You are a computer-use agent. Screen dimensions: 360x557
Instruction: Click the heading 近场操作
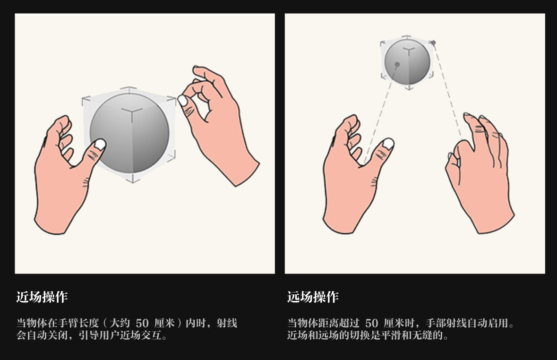tap(42, 297)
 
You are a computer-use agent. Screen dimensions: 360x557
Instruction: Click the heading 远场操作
tap(313, 297)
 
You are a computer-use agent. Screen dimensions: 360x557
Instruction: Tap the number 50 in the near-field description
tap(142, 324)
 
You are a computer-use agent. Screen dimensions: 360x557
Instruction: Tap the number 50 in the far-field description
tap(372, 324)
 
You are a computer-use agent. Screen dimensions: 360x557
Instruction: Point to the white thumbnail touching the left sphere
tap(100, 144)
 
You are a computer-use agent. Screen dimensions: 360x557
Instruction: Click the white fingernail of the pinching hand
tap(182, 101)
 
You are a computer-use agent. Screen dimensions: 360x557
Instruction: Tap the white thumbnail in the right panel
tap(388, 143)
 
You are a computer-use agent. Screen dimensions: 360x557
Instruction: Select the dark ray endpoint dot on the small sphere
tap(397, 64)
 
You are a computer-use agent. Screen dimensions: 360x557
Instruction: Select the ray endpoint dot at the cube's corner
tap(433, 43)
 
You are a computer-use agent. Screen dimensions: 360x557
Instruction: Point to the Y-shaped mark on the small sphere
tap(409, 50)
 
